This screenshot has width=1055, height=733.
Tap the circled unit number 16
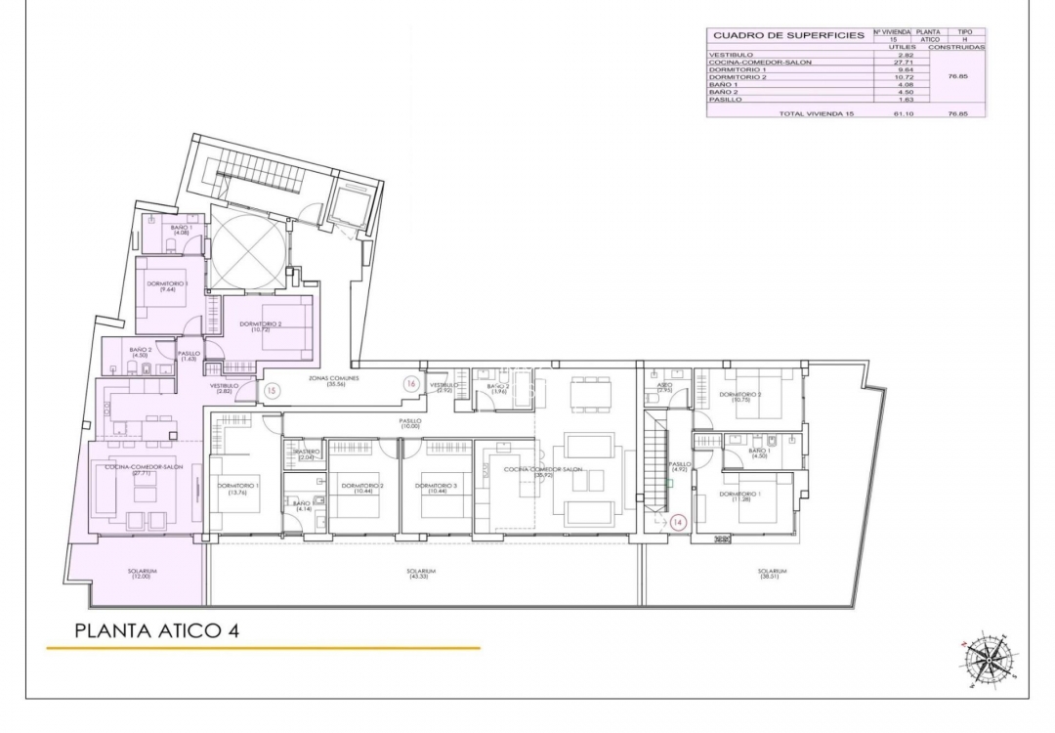point(411,385)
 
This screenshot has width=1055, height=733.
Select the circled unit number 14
point(678,523)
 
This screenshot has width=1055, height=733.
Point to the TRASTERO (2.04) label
point(307,454)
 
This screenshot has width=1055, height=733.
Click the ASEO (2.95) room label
point(664,388)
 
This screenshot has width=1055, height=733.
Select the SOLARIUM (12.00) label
point(143,574)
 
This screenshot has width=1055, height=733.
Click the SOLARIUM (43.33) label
point(421,574)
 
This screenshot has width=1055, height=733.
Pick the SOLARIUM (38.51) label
point(772,574)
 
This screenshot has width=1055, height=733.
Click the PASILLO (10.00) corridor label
point(410,423)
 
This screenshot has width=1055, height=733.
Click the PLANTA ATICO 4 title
point(156,630)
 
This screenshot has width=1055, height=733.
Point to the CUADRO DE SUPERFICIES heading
point(787,35)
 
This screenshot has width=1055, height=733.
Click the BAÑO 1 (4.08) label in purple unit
point(182,231)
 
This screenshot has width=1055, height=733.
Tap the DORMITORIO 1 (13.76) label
point(237,488)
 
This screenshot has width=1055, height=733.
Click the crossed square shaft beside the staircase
point(248,251)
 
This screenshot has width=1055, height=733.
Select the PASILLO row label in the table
point(726,100)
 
